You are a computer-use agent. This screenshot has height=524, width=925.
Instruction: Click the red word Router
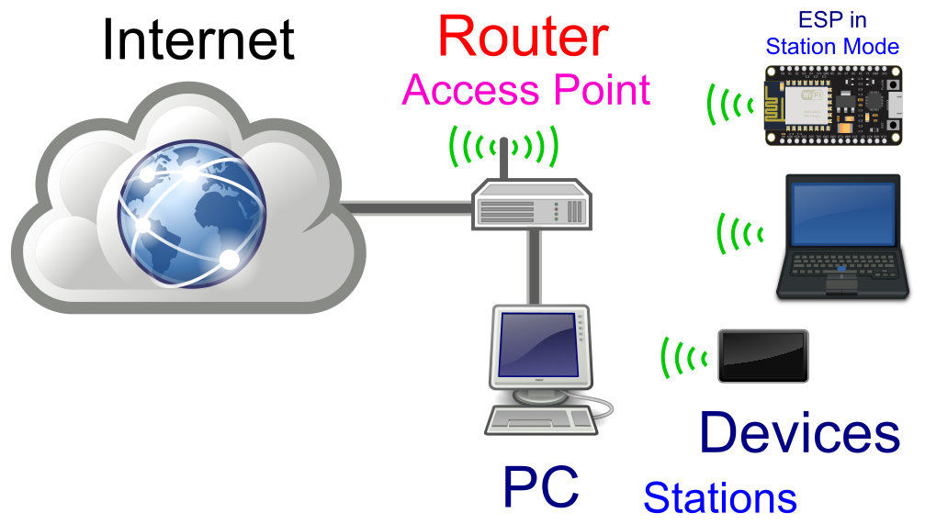tap(523, 38)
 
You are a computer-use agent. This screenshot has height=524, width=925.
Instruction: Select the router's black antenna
tap(504, 160)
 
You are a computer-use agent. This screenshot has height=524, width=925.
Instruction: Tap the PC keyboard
tap(540, 420)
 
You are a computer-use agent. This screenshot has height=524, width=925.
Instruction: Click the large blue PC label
tap(540, 485)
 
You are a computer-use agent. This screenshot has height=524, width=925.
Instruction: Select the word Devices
tap(799, 433)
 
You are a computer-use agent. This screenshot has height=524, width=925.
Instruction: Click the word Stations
tap(719, 497)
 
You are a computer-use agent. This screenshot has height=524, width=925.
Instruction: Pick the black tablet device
tap(763, 356)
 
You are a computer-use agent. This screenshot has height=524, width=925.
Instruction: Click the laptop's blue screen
tap(842, 213)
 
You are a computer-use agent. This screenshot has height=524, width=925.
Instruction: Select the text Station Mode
tap(832, 46)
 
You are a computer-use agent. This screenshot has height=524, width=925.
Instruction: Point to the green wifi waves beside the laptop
tap(740, 233)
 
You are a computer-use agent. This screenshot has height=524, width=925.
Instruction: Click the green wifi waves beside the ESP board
tap(729, 104)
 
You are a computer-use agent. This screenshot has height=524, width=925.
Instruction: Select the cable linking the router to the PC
tap(534, 266)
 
